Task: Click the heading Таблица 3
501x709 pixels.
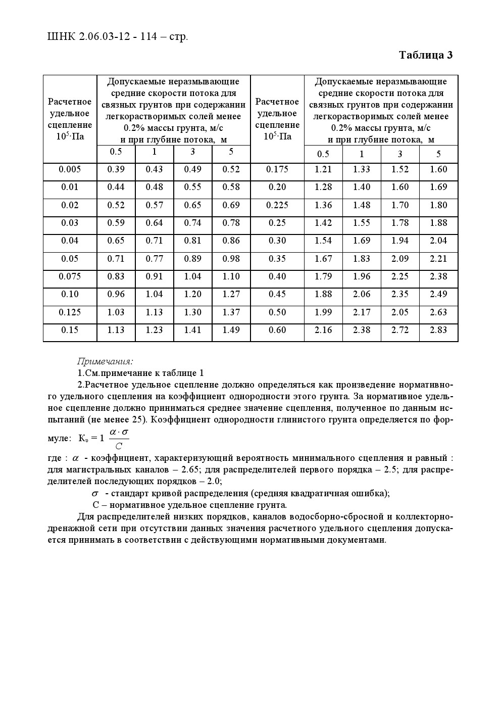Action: [425, 55]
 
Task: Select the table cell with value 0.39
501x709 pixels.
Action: [116, 169]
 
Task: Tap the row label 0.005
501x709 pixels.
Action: [70, 169]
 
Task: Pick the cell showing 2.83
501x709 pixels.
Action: [438, 330]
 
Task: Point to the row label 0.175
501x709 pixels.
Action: [277, 169]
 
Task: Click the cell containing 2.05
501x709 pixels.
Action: [400, 312]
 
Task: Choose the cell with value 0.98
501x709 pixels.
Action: [231, 259]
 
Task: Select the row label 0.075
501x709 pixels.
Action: [70, 276]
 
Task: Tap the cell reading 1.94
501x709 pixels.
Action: [400, 241]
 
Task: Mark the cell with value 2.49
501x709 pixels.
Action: [438, 294]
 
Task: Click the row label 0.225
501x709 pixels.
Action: [277, 205]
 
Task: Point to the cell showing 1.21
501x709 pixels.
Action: [323, 169]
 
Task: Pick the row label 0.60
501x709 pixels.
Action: [277, 330]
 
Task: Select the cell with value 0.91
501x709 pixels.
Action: [154, 276]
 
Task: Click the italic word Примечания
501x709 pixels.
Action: [105, 361]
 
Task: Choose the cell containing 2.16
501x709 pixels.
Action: [323, 330]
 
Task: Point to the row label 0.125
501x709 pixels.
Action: [70, 312]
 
